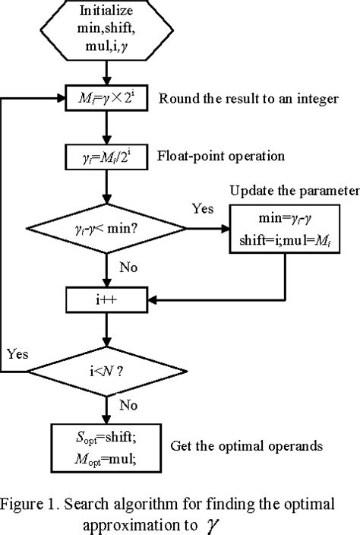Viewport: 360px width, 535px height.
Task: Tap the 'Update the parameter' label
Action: tap(292, 189)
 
